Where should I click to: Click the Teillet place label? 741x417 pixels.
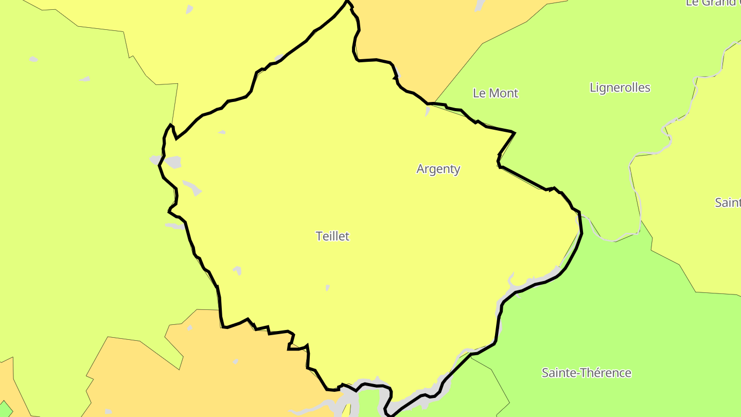[x=332, y=236]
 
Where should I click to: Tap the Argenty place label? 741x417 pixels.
[x=438, y=169]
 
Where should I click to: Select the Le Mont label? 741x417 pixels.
[x=496, y=93]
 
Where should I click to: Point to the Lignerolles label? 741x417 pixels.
[x=620, y=88]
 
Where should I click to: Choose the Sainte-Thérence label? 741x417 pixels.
[x=587, y=373]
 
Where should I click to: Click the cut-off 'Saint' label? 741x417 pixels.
[x=728, y=203]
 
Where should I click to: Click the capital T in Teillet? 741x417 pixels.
[x=319, y=236]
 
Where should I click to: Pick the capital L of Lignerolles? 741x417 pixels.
[x=593, y=88]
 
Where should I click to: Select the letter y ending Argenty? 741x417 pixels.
[x=457, y=170]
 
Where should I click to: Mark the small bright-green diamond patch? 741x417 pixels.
[x=5, y=409]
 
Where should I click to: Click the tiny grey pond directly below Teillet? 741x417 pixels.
[x=328, y=288]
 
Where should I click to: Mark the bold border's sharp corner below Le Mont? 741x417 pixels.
[x=514, y=133]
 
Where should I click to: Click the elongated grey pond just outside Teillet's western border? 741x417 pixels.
[x=175, y=225]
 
